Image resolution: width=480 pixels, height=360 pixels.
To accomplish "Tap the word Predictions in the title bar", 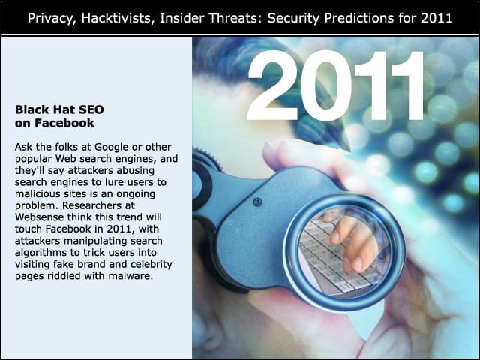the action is point(358,18).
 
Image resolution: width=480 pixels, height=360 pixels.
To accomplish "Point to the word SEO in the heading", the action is point(91,109).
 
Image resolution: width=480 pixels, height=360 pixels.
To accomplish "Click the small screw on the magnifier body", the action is point(257,202).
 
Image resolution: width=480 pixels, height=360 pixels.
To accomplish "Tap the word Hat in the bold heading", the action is point(64,109).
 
